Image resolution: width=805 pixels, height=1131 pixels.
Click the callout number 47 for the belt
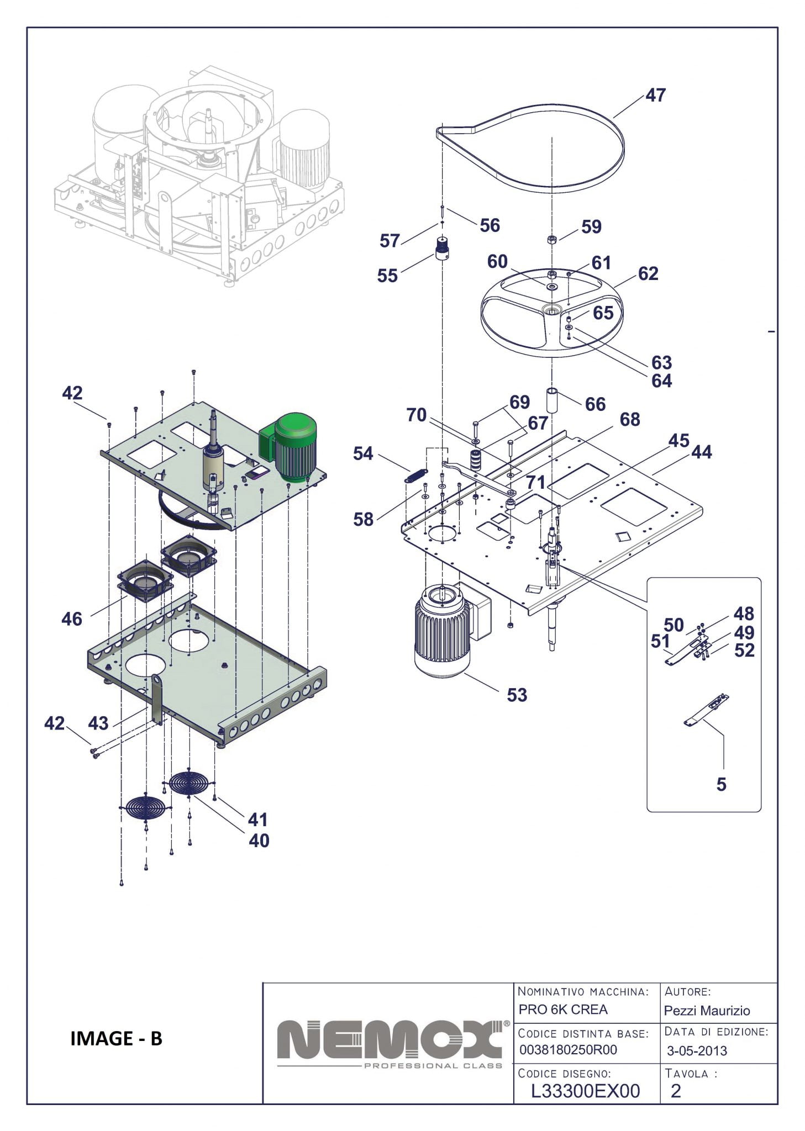[x=655, y=95]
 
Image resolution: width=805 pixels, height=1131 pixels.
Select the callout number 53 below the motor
[x=517, y=695]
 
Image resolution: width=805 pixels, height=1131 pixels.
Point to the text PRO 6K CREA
[x=562, y=1010]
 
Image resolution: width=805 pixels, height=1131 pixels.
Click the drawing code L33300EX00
[x=585, y=1091]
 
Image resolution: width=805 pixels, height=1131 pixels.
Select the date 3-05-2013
[x=697, y=1050]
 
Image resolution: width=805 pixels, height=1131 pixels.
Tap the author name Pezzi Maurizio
[x=707, y=1011]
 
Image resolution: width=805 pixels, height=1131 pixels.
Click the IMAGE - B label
[x=116, y=1038]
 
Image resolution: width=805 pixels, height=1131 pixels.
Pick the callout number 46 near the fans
[x=72, y=619]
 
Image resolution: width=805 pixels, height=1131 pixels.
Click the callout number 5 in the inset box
[x=721, y=784]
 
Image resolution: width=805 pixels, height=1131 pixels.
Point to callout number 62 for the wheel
[x=648, y=273]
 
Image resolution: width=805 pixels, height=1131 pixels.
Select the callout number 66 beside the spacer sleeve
[x=595, y=404]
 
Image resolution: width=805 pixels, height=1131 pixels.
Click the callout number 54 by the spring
[x=363, y=454]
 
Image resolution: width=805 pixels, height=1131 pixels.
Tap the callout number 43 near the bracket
[x=98, y=723]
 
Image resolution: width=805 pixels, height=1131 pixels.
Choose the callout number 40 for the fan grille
[x=259, y=841]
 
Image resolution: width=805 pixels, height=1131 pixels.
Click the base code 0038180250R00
[x=568, y=1050]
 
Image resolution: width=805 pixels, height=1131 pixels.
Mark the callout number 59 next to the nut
[x=591, y=226]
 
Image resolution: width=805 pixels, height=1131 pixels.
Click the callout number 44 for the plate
[x=702, y=452]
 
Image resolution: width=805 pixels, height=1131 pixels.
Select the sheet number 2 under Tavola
[x=675, y=1091]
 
